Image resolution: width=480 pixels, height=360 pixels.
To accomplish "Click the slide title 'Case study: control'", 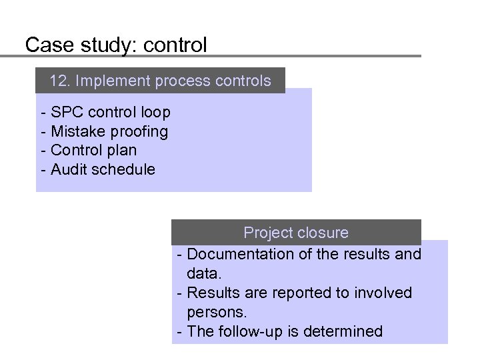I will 116,45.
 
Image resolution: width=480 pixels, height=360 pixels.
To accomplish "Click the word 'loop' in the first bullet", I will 155,113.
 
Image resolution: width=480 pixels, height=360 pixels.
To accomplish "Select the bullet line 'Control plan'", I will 93,150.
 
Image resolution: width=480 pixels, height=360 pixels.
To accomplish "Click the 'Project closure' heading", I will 296,233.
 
